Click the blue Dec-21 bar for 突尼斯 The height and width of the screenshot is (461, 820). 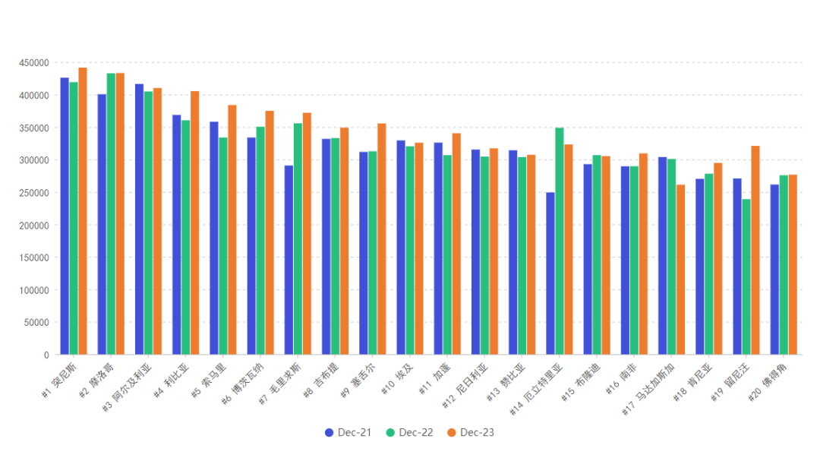(65, 216)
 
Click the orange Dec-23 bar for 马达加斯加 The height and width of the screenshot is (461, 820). (681, 270)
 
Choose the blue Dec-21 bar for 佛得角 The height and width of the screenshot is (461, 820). (774, 270)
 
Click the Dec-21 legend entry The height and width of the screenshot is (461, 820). (348, 433)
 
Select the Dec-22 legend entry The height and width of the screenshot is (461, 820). (409, 433)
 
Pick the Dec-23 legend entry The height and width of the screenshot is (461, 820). (471, 433)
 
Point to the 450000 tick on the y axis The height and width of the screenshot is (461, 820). (34, 63)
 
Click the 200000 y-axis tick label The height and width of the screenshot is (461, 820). (34, 226)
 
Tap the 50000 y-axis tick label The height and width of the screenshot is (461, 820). (36, 323)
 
